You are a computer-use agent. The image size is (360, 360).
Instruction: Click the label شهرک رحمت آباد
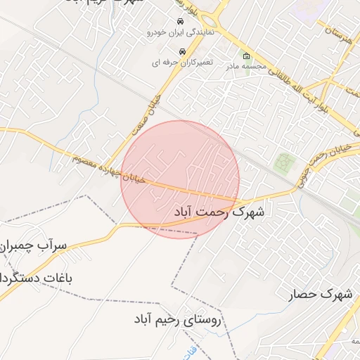[218, 210]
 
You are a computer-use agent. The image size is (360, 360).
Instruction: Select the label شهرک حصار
[320, 294]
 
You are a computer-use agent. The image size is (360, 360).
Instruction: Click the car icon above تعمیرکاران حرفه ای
[182, 51]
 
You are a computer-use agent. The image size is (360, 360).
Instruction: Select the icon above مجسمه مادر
[245, 56]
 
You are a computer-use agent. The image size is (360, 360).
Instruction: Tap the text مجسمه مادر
[245, 67]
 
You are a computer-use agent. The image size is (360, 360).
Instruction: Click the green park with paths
[285, 163]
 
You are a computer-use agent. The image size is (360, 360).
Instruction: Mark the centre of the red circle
[180, 179]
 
